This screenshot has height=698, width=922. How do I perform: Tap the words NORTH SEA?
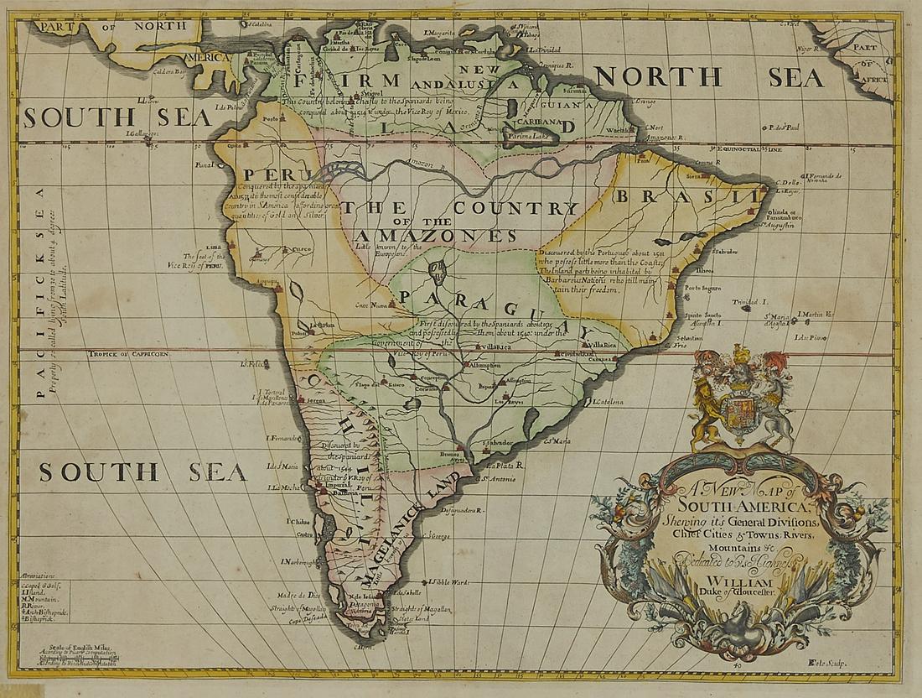(x=712, y=77)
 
